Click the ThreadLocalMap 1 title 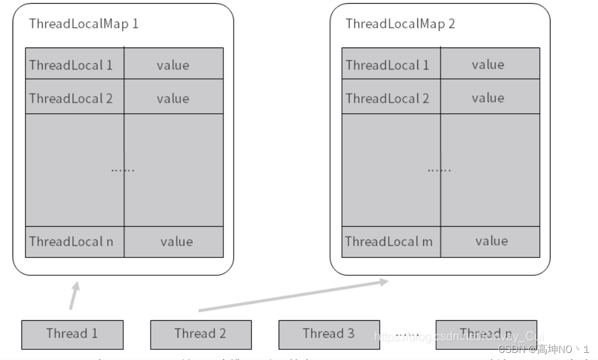(84, 24)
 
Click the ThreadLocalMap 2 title (400, 24)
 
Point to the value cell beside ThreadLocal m (491, 241)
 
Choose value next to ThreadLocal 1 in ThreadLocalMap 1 (173, 65)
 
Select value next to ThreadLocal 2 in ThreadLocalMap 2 (488, 98)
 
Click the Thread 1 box (72, 334)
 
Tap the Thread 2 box (200, 334)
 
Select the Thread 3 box (328, 334)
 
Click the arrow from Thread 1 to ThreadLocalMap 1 (73, 295)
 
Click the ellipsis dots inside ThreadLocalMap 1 (123, 170)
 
